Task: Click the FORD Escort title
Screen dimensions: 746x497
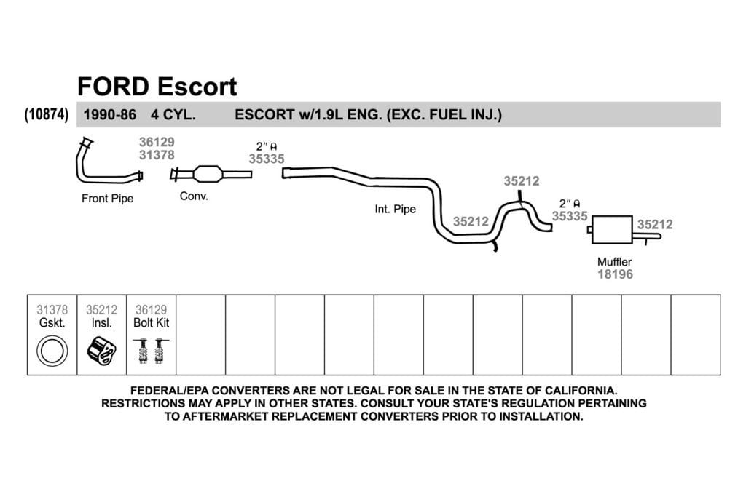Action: click(x=157, y=87)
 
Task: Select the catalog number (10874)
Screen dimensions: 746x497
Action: click(x=46, y=114)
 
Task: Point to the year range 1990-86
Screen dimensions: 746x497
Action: click(x=109, y=114)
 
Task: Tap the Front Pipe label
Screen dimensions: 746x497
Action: click(x=108, y=199)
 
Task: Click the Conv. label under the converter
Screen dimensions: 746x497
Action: click(x=194, y=196)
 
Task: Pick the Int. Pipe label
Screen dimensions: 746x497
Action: click(x=396, y=209)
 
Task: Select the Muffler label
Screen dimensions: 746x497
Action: click(x=615, y=262)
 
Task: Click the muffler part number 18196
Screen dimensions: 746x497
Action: click(x=615, y=274)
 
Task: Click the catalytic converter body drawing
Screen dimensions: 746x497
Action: click(x=208, y=174)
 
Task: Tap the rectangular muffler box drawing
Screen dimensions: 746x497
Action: click(x=612, y=230)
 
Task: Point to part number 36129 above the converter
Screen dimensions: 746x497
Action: click(x=157, y=142)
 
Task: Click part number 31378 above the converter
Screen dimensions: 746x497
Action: click(x=157, y=155)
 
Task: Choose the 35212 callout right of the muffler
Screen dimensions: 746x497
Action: click(x=655, y=225)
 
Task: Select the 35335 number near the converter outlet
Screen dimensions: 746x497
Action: click(x=267, y=159)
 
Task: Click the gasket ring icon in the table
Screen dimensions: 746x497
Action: click(x=52, y=351)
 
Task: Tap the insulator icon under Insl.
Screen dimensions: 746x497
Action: click(x=102, y=351)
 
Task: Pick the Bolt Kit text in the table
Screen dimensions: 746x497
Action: click(x=152, y=322)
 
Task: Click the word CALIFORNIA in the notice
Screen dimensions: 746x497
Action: click(x=581, y=391)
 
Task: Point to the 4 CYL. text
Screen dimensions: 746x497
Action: click(x=173, y=114)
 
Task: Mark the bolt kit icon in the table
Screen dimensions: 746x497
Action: click(x=152, y=351)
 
